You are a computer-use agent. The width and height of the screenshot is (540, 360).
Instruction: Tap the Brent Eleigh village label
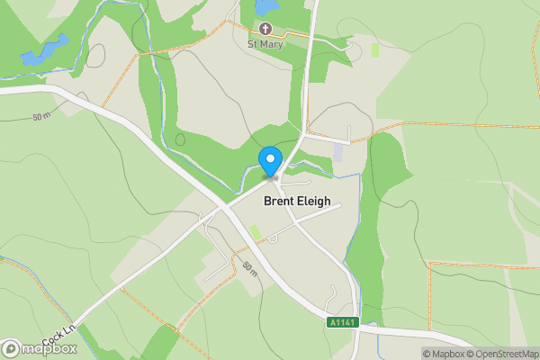[297, 203]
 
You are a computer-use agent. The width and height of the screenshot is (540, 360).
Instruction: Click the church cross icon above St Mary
[266, 29]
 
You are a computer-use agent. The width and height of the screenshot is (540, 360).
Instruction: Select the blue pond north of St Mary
[267, 7]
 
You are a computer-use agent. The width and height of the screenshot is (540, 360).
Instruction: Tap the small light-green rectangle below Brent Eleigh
[256, 232]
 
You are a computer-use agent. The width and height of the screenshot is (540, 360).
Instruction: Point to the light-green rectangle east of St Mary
[376, 49]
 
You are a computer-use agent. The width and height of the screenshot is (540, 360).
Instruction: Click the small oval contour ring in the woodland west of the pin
[180, 140]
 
